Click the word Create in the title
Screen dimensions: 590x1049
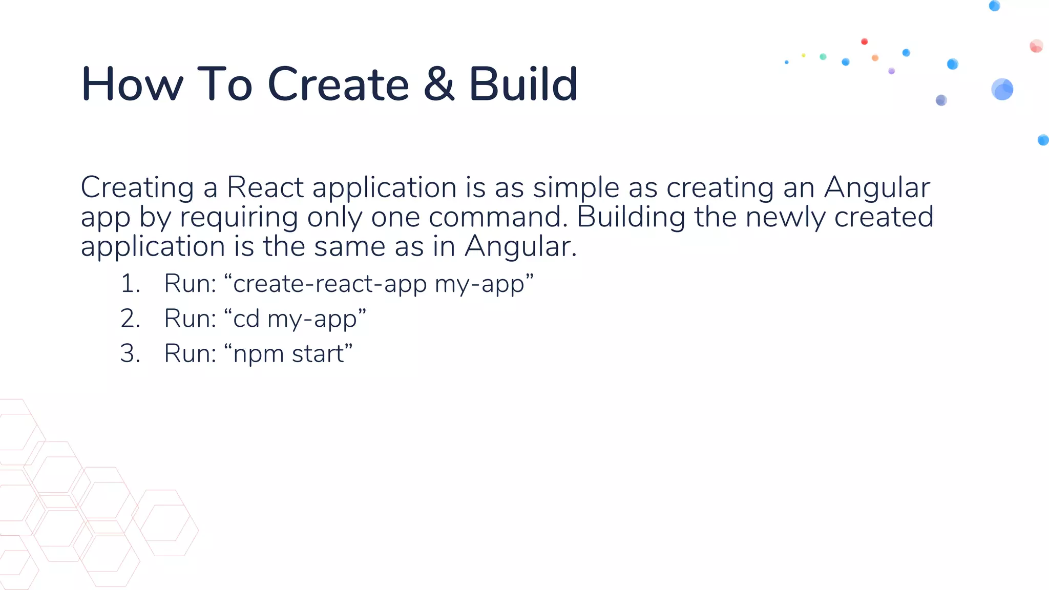click(x=338, y=85)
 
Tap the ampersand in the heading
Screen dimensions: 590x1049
click(x=439, y=85)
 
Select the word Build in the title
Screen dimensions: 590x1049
click(x=523, y=85)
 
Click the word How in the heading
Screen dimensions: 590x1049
click(x=132, y=85)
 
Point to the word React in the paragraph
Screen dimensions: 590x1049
click(x=265, y=187)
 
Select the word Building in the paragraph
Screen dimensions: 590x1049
click(x=631, y=217)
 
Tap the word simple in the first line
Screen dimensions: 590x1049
click(x=576, y=188)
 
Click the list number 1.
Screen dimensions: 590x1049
click(x=130, y=284)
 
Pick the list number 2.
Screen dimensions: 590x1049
click(x=130, y=319)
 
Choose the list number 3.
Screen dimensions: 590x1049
click(x=130, y=353)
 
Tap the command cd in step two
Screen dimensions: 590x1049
click(x=246, y=319)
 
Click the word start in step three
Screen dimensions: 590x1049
click(x=318, y=353)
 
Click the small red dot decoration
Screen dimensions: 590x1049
click(x=865, y=41)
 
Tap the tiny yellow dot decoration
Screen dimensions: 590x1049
click(x=804, y=55)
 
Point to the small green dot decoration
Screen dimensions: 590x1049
click(x=823, y=57)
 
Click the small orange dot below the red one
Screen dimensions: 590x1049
click(x=875, y=58)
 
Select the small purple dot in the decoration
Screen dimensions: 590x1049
click(x=892, y=71)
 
